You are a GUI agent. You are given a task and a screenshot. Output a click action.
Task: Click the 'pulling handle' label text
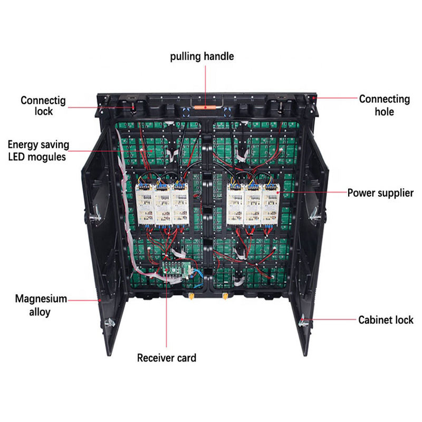coord(202,56)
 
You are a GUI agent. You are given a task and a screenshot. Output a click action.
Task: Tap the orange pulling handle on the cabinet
coord(205,106)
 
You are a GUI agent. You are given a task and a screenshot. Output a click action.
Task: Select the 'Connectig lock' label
coord(37,105)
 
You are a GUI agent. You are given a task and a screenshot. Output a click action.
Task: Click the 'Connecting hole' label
coord(384,105)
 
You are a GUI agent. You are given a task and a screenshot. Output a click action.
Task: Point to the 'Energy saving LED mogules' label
coord(38,150)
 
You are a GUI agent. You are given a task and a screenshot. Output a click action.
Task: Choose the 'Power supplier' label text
coord(380,193)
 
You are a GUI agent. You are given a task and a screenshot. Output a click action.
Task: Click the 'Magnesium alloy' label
coord(41,305)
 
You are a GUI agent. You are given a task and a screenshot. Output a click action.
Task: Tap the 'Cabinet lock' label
coord(386,320)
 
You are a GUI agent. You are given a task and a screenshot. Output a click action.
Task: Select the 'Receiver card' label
coord(167,358)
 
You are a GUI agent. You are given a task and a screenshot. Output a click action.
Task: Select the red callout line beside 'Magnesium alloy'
coord(84,300)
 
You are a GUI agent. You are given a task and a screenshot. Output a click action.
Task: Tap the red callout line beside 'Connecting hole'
coord(335,98)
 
